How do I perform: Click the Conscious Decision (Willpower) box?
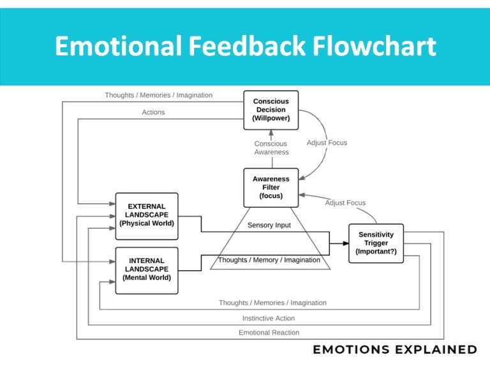[271, 110]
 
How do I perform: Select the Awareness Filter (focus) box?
[271, 187]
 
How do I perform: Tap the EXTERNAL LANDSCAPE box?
[146, 215]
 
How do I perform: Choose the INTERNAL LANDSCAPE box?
[146, 270]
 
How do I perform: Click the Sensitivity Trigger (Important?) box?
[376, 243]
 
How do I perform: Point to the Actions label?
[153, 112]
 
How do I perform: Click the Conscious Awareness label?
[271, 148]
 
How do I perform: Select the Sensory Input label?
[269, 226]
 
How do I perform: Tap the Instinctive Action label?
[269, 318]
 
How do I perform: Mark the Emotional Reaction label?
[269, 332]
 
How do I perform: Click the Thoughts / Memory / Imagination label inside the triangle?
[269, 260]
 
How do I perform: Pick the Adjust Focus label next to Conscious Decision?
[327, 143]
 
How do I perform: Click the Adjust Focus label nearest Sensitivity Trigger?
[345, 203]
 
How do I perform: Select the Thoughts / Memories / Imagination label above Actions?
[158, 95]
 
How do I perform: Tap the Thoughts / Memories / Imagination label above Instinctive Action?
[272, 303]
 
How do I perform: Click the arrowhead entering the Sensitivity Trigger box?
[345, 243]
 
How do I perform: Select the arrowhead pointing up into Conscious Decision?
[271, 133]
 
